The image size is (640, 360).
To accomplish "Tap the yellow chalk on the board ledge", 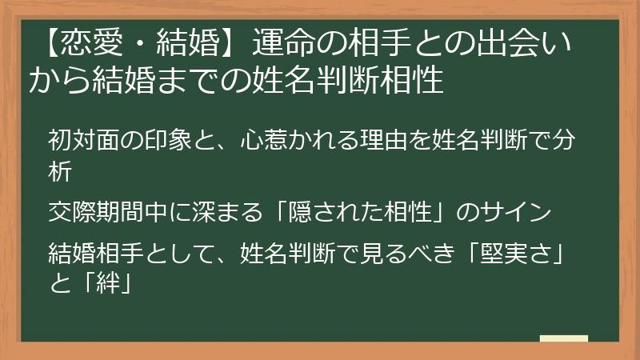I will [563, 338].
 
